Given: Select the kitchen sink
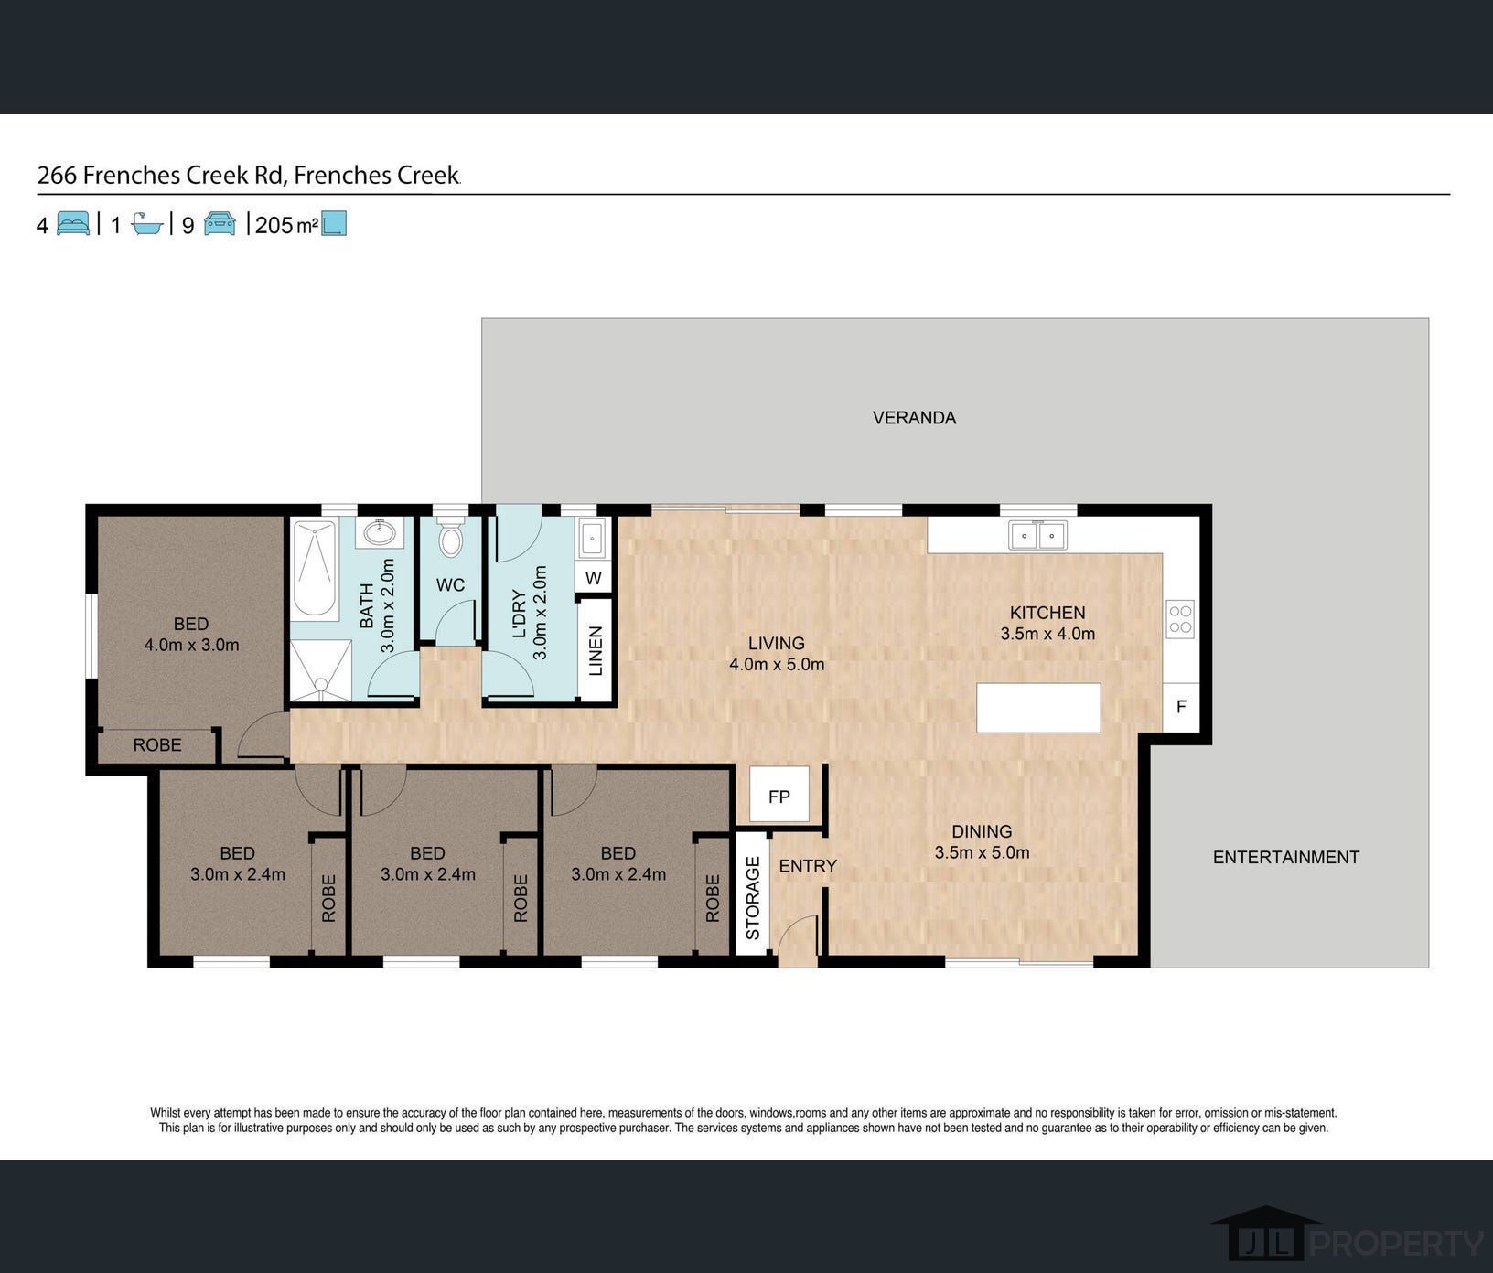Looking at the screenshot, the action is coord(1037,535).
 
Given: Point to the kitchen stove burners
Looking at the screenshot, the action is coord(1180,619).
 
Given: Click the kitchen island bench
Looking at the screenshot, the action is coord(1038,708).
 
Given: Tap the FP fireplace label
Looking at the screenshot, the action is coord(779,797).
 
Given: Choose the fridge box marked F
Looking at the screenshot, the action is coord(1181,707).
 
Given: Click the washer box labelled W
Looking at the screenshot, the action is coord(594,578).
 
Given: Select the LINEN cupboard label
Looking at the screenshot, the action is coord(596,651).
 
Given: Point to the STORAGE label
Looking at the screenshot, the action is coord(753,898).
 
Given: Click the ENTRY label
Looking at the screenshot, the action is coord(808,866).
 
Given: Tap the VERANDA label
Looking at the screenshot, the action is coord(914,418).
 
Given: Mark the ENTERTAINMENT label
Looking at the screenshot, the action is coord(1285,857).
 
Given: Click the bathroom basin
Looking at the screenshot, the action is coord(379,532).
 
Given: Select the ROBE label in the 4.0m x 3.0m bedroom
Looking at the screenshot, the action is coord(157,745).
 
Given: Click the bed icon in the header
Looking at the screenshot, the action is coord(73,223).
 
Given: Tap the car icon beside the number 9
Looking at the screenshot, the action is coord(220,223).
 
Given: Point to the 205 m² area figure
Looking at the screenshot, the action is coord(286,225).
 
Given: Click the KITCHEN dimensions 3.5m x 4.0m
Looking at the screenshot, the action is coord(1047,634).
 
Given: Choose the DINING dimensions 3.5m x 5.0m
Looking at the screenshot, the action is coord(982,853).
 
